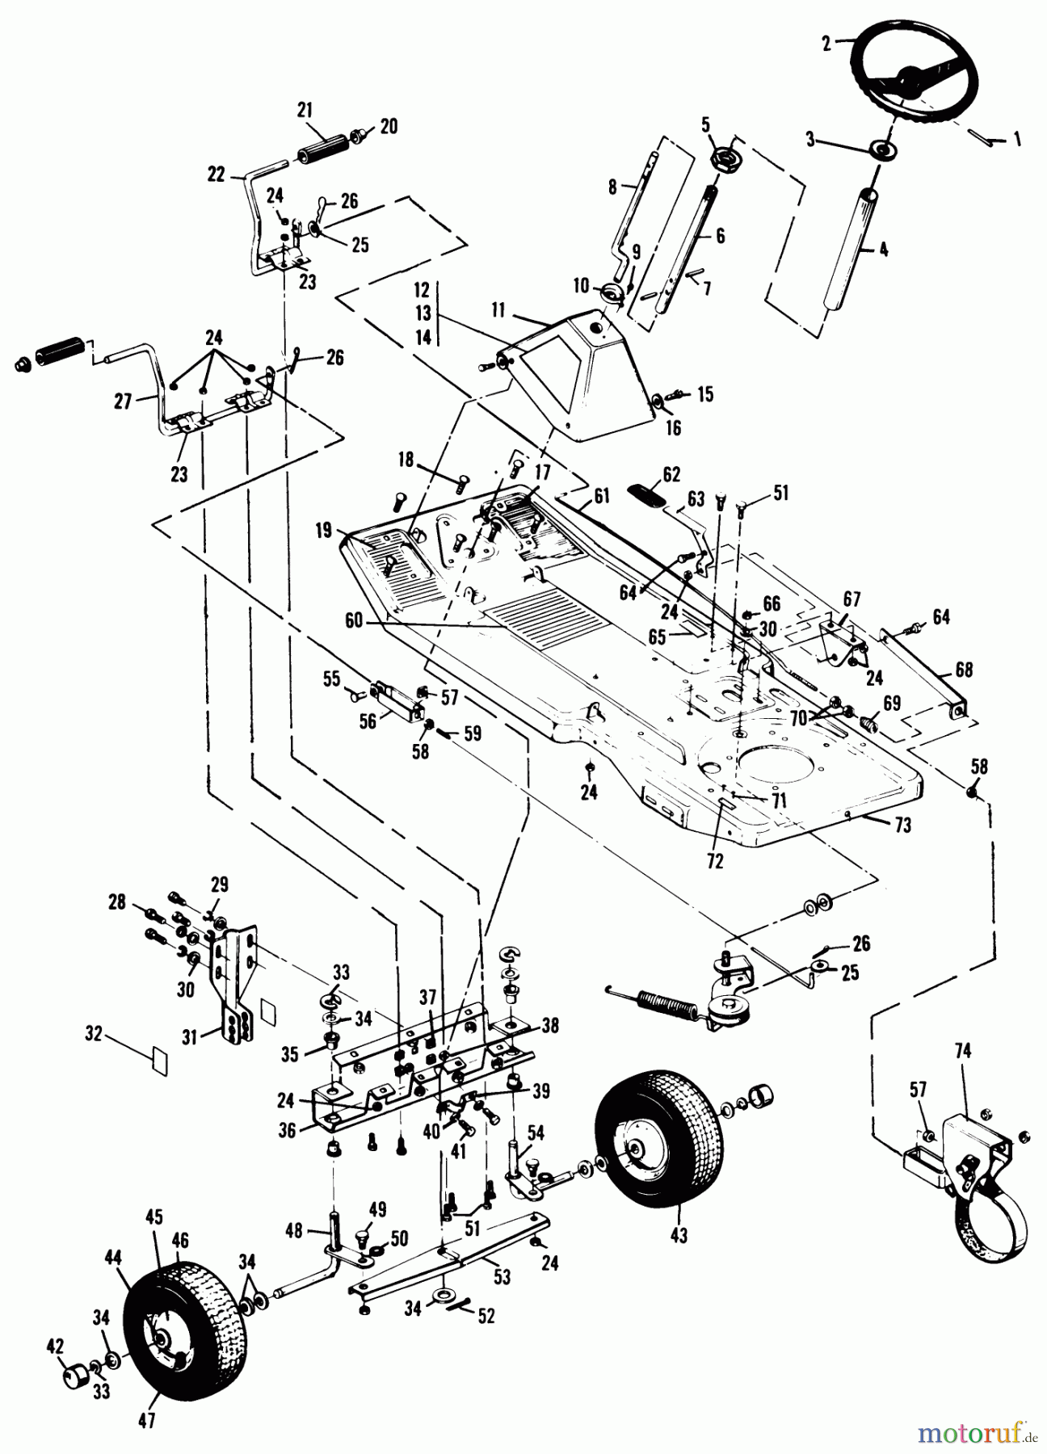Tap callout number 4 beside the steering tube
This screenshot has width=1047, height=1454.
[x=883, y=252]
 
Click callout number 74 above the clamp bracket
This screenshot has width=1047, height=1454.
[x=963, y=1051]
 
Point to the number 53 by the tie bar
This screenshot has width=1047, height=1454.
[x=502, y=1277]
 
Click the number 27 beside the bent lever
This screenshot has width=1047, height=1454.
[x=122, y=401]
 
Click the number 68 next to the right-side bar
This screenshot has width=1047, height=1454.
[x=963, y=670]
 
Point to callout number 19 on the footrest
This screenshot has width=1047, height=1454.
[x=324, y=531]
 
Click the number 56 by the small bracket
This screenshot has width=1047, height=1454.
[x=368, y=721]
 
